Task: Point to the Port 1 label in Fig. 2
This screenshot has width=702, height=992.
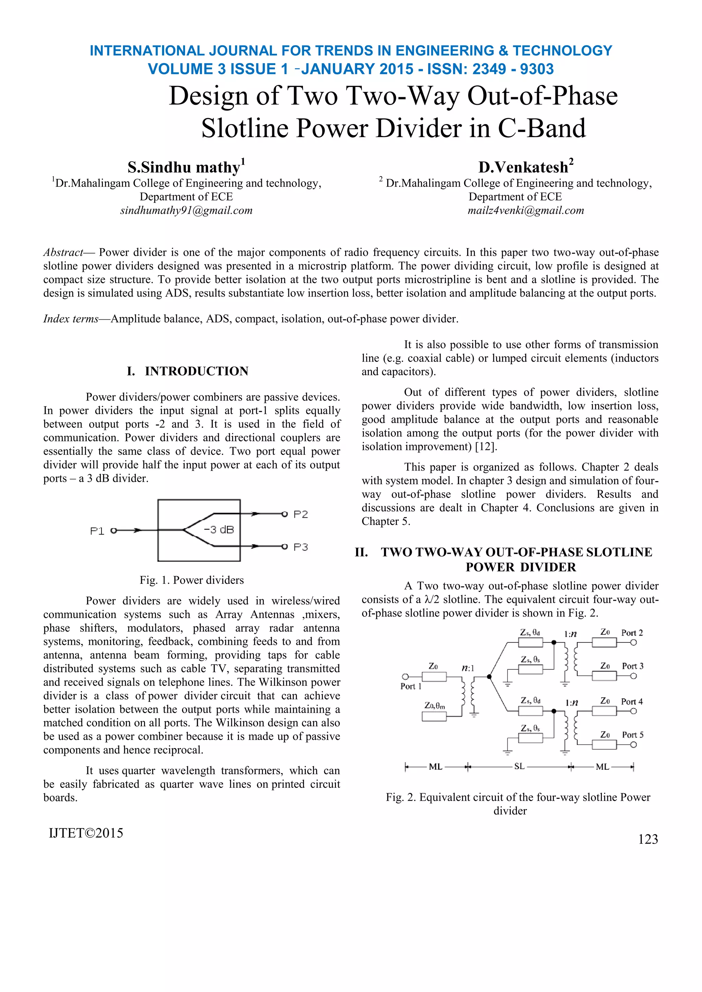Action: tap(410, 686)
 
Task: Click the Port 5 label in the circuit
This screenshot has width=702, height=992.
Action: tap(632, 735)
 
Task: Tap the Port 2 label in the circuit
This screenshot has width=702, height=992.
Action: tap(632, 633)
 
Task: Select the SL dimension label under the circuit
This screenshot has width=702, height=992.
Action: tap(519, 767)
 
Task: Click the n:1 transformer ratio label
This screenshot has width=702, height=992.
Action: tap(468, 668)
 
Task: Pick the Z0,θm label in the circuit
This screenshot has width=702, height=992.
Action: tap(434, 706)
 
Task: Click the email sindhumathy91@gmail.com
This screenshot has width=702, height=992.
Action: tap(186, 210)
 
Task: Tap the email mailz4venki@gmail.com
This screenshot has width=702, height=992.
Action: tap(525, 210)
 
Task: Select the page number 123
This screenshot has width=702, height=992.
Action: tap(647, 839)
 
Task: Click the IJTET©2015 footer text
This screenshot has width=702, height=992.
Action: tap(86, 833)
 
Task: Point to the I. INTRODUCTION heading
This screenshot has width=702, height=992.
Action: tap(187, 371)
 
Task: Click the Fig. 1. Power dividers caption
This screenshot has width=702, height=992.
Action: tap(192, 580)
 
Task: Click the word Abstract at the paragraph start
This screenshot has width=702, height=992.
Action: tap(63, 252)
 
